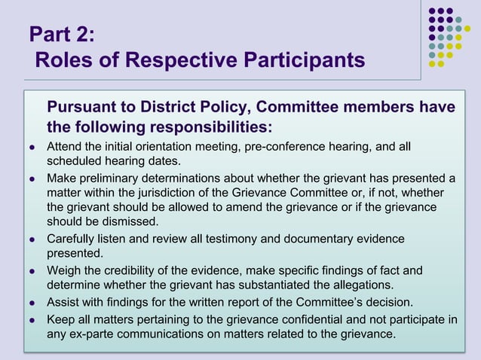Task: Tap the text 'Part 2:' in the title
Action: (62, 35)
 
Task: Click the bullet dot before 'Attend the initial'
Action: (32, 146)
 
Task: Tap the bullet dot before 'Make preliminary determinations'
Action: (32, 178)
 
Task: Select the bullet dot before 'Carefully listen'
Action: (32, 239)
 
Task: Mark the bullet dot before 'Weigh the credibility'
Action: (32, 270)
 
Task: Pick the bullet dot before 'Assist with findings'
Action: (32, 303)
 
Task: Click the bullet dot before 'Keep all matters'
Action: (32, 319)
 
